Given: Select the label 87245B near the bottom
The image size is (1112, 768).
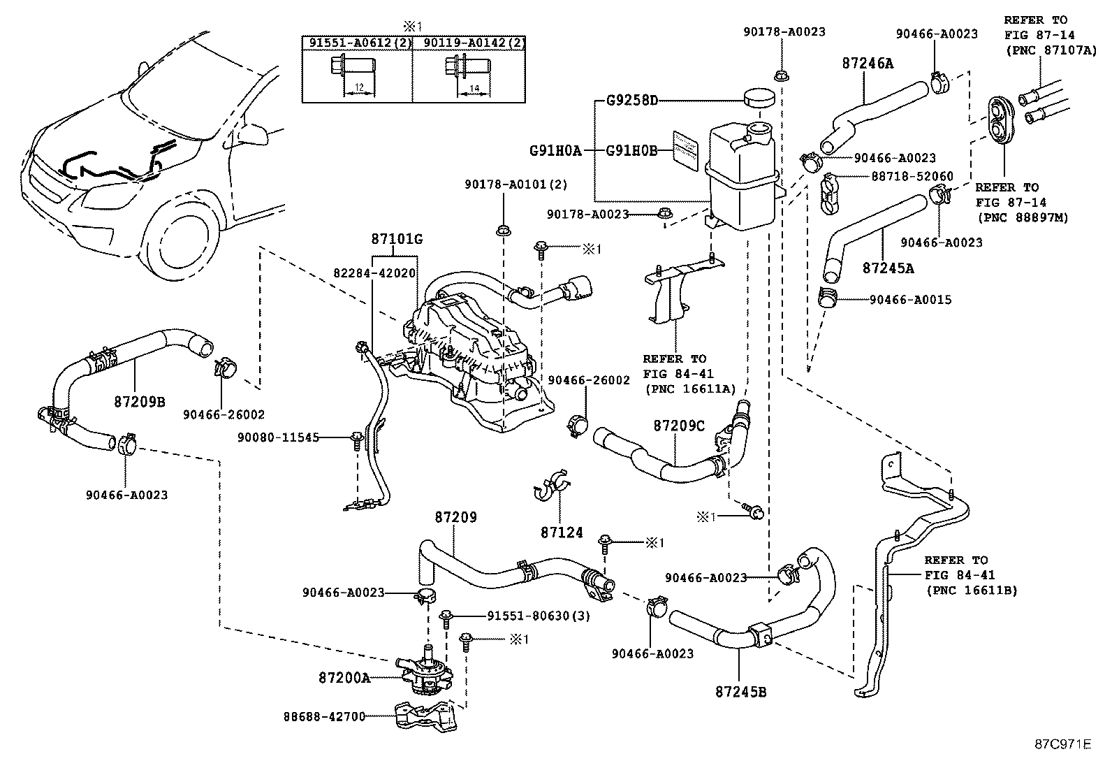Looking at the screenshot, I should click(740, 692).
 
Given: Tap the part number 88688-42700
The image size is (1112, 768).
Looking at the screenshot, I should click(325, 716).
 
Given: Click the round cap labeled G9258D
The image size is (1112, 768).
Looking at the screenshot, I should click(759, 97).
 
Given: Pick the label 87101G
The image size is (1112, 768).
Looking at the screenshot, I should click(396, 240).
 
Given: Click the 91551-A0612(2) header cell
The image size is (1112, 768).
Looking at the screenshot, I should click(357, 43).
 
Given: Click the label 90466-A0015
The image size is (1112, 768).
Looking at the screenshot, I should click(910, 300).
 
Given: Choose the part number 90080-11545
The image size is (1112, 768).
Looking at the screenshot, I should click(277, 437).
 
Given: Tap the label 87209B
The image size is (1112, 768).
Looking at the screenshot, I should click(140, 402).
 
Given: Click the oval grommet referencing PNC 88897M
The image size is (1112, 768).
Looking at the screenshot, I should click(1000, 119).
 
